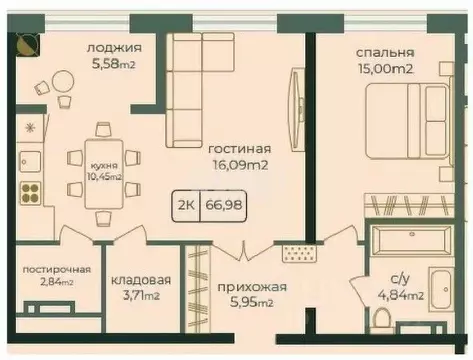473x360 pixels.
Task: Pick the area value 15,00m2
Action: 383,70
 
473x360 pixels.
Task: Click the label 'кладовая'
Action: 139,281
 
